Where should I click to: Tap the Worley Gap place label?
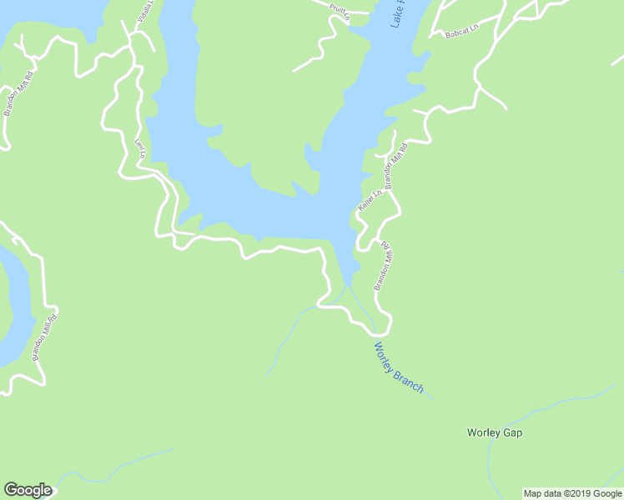(500, 433)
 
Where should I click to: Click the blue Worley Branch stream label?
(398, 368)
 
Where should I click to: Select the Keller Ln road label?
(370, 200)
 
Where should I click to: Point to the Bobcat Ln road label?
(461, 31)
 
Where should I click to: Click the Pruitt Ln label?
(338, 8)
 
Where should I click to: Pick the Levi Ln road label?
(140, 148)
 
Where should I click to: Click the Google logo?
(28, 490)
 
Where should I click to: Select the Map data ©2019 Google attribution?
(572, 493)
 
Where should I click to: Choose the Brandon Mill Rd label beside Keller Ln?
(394, 164)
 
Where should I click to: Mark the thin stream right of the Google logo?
(125, 463)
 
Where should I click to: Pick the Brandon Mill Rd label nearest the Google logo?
(44, 337)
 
